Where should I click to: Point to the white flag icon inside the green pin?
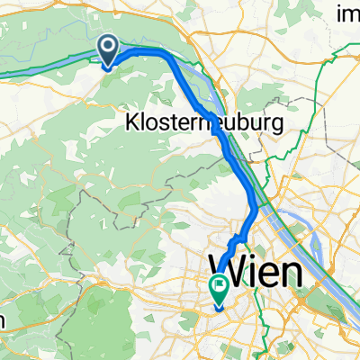(x=219, y=287)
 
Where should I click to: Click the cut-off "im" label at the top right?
(x=346, y=13)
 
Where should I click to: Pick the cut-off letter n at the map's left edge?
(x=4, y=321)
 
